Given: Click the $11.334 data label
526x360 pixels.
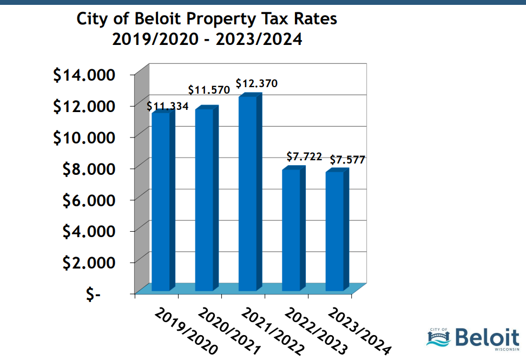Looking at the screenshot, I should tap(168, 106).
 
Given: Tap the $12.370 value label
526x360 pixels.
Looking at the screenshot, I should tap(257, 84).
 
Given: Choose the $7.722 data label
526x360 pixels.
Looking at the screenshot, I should tap(304, 157).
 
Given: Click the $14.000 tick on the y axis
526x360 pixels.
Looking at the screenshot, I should tap(84, 75).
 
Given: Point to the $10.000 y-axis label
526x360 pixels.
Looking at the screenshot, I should tap(84, 138).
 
